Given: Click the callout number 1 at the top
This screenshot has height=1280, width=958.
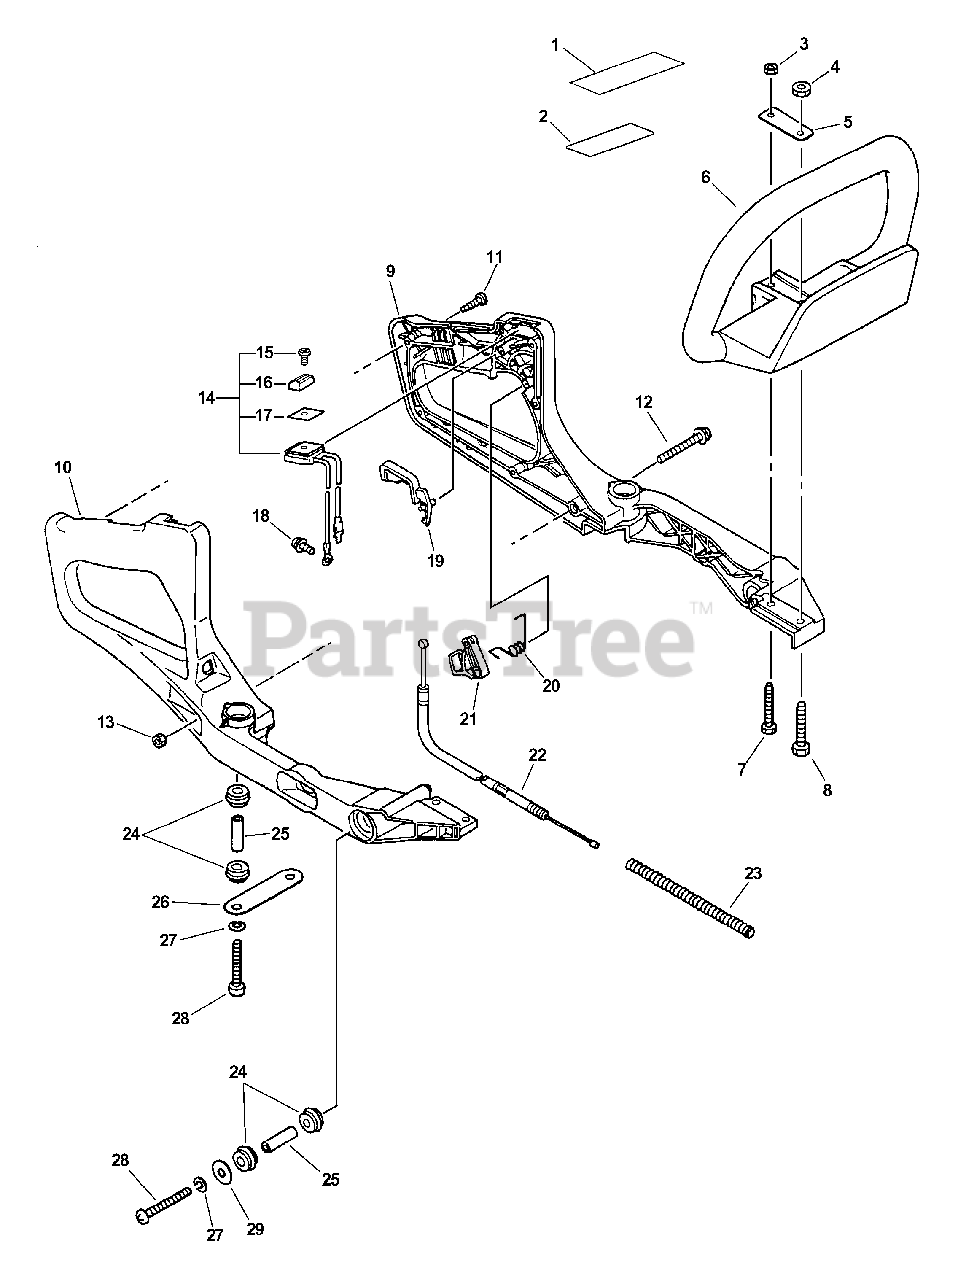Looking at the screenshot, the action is coord(556,45).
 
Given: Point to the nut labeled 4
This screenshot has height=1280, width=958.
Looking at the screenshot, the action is coord(800,90).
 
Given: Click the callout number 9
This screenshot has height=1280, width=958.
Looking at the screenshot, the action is coord(390,271).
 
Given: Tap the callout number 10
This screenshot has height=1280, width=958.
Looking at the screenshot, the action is coord(62,467).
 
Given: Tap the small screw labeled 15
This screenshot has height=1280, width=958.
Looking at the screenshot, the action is coord(305,352).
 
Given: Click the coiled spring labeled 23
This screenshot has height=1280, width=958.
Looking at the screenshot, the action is coord(689,898).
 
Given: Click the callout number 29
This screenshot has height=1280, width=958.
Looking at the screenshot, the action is coord(255,1229).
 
